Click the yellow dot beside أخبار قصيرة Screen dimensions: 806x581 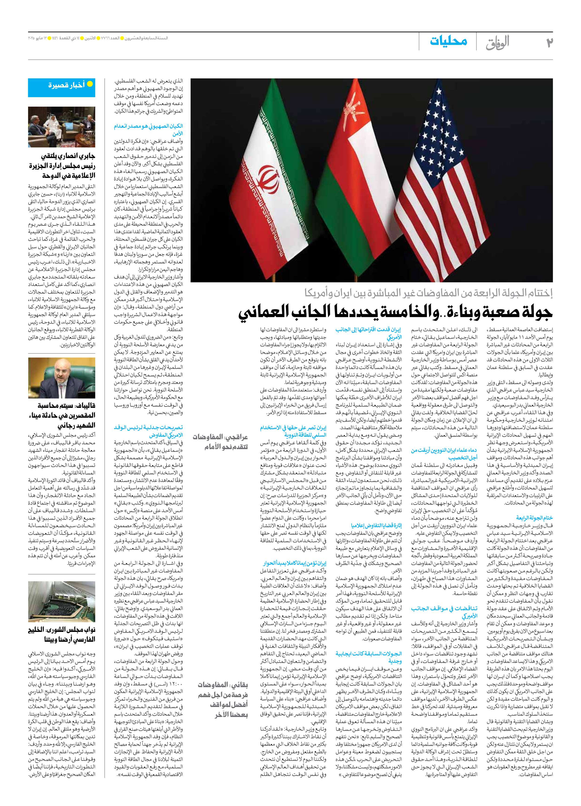(x=90, y=84)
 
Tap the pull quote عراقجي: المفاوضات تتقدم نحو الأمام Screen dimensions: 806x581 (x=220, y=442)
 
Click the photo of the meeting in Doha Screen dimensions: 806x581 (x=62, y=127)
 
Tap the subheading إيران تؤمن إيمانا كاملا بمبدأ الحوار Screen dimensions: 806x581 (x=295, y=563)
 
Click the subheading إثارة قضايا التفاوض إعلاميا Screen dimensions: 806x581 (x=376, y=526)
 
